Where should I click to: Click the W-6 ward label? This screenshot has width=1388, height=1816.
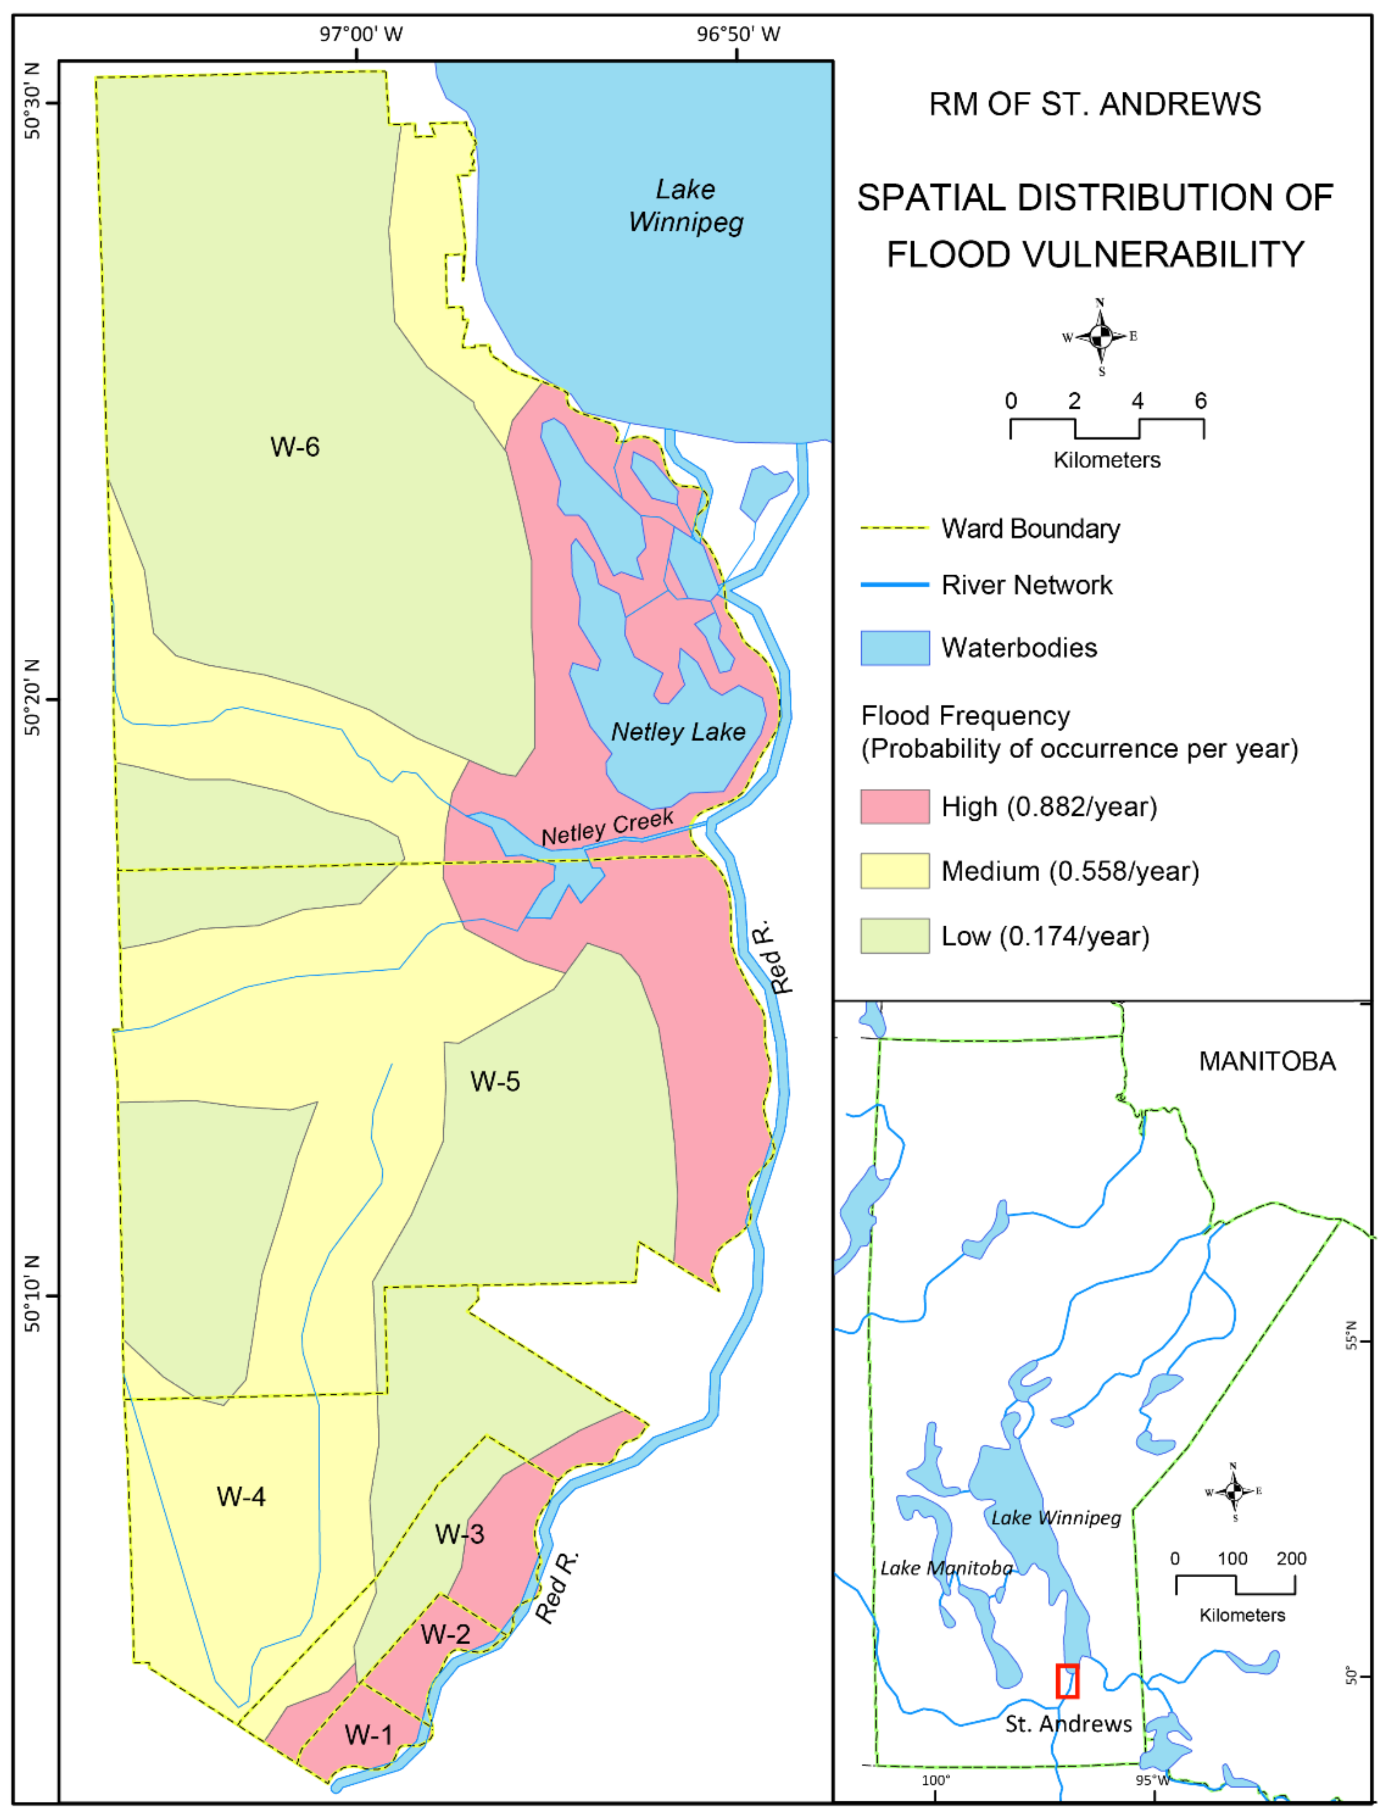coord(295,447)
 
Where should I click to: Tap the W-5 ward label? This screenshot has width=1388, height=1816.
coord(495,1081)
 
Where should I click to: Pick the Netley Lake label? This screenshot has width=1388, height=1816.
coord(677,732)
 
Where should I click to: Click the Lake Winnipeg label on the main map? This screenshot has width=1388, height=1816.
coord(686,206)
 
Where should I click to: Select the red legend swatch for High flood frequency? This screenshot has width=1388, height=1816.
coord(895,806)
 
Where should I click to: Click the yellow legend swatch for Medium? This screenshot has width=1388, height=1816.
coord(895,871)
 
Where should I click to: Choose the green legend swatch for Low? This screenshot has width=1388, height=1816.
coord(895,936)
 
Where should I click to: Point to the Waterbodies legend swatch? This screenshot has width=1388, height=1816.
coord(895,648)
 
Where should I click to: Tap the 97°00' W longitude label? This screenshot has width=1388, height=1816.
coord(361,34)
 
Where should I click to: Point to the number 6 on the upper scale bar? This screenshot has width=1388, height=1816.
coord(1201,401)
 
